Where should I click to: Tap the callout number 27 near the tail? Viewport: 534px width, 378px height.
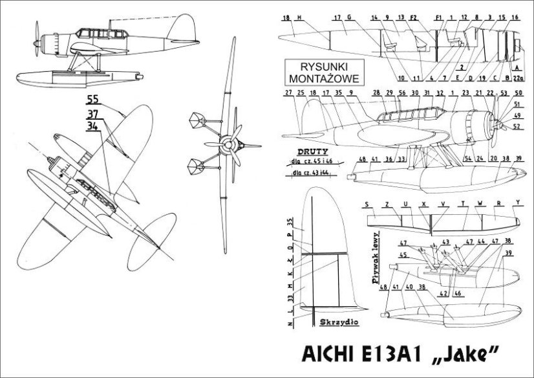coord(288,93)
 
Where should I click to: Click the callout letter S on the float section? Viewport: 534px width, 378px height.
coord(367,203)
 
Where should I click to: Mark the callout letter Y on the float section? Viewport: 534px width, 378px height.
coord(518,203)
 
